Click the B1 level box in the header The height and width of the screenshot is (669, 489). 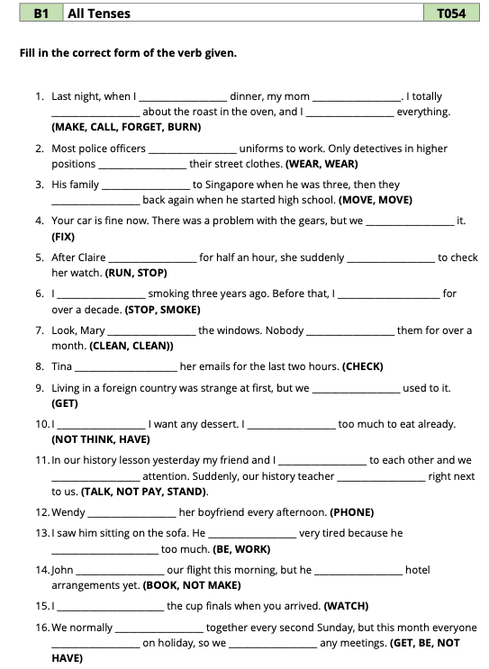coord(41,14)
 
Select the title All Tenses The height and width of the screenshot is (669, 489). coord(99,14)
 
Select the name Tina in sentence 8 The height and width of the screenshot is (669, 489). coord(62,366)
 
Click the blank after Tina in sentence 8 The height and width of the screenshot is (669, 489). coord(125,367)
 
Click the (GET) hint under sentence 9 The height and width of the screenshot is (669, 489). coord(66,403)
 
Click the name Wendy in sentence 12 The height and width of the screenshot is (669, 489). coord(68,512)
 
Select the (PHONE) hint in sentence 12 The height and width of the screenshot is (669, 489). coord(351,512)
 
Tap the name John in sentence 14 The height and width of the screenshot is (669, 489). coord(63,570)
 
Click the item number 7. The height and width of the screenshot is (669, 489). coord(40,330)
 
